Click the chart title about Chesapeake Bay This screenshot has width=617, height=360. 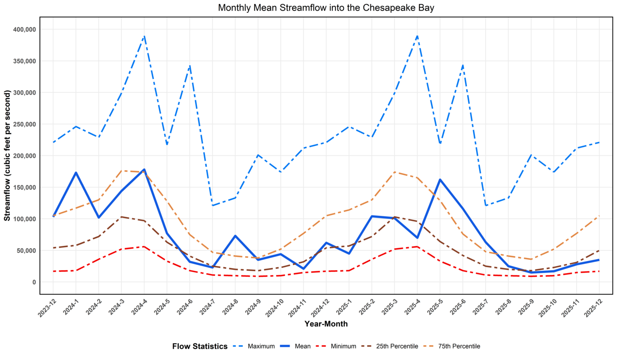(326, 8)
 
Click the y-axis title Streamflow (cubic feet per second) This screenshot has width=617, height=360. (7, 156)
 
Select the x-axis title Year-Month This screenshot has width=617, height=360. (326, 324)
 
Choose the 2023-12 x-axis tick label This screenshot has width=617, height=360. (47, 308)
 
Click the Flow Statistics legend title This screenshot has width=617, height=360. (200, 346)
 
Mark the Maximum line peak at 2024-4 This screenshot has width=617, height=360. (144, 36)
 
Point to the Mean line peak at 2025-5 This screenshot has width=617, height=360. (440, 180)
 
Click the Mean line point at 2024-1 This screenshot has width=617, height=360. (76, 173)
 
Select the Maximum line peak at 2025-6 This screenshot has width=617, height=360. (463, 66)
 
